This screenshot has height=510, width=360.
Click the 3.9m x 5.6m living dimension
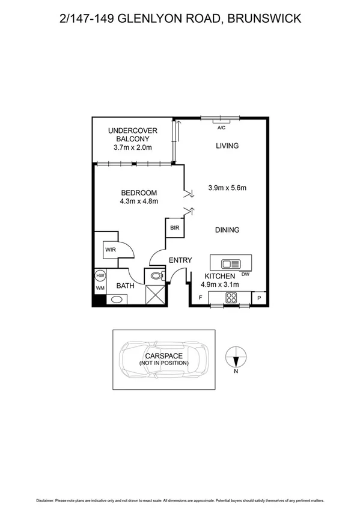227,188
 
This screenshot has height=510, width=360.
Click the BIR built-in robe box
174,228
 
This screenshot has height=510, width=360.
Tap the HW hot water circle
100,275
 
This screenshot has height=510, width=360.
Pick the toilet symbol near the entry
156,277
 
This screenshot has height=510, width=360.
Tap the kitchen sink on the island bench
230,263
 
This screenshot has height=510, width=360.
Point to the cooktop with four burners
230,297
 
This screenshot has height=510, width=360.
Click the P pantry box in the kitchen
259,298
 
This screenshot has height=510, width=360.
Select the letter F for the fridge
200,298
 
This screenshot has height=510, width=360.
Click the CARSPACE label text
163,356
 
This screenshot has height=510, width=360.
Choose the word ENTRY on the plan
180,260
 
